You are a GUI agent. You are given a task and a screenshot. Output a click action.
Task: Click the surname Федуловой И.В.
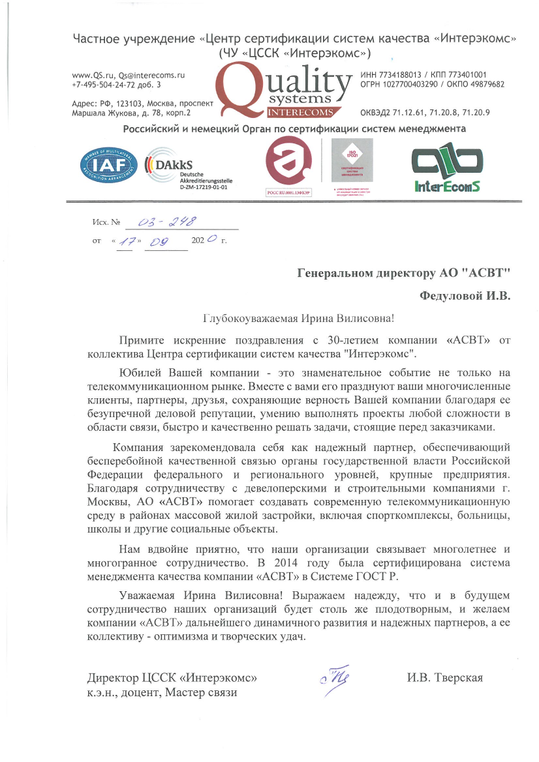(x=465, y=296)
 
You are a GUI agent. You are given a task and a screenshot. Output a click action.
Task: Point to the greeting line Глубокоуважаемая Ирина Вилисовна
(x=299, y=318)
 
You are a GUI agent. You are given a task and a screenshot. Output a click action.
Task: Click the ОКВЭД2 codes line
(x=425, y=113)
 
